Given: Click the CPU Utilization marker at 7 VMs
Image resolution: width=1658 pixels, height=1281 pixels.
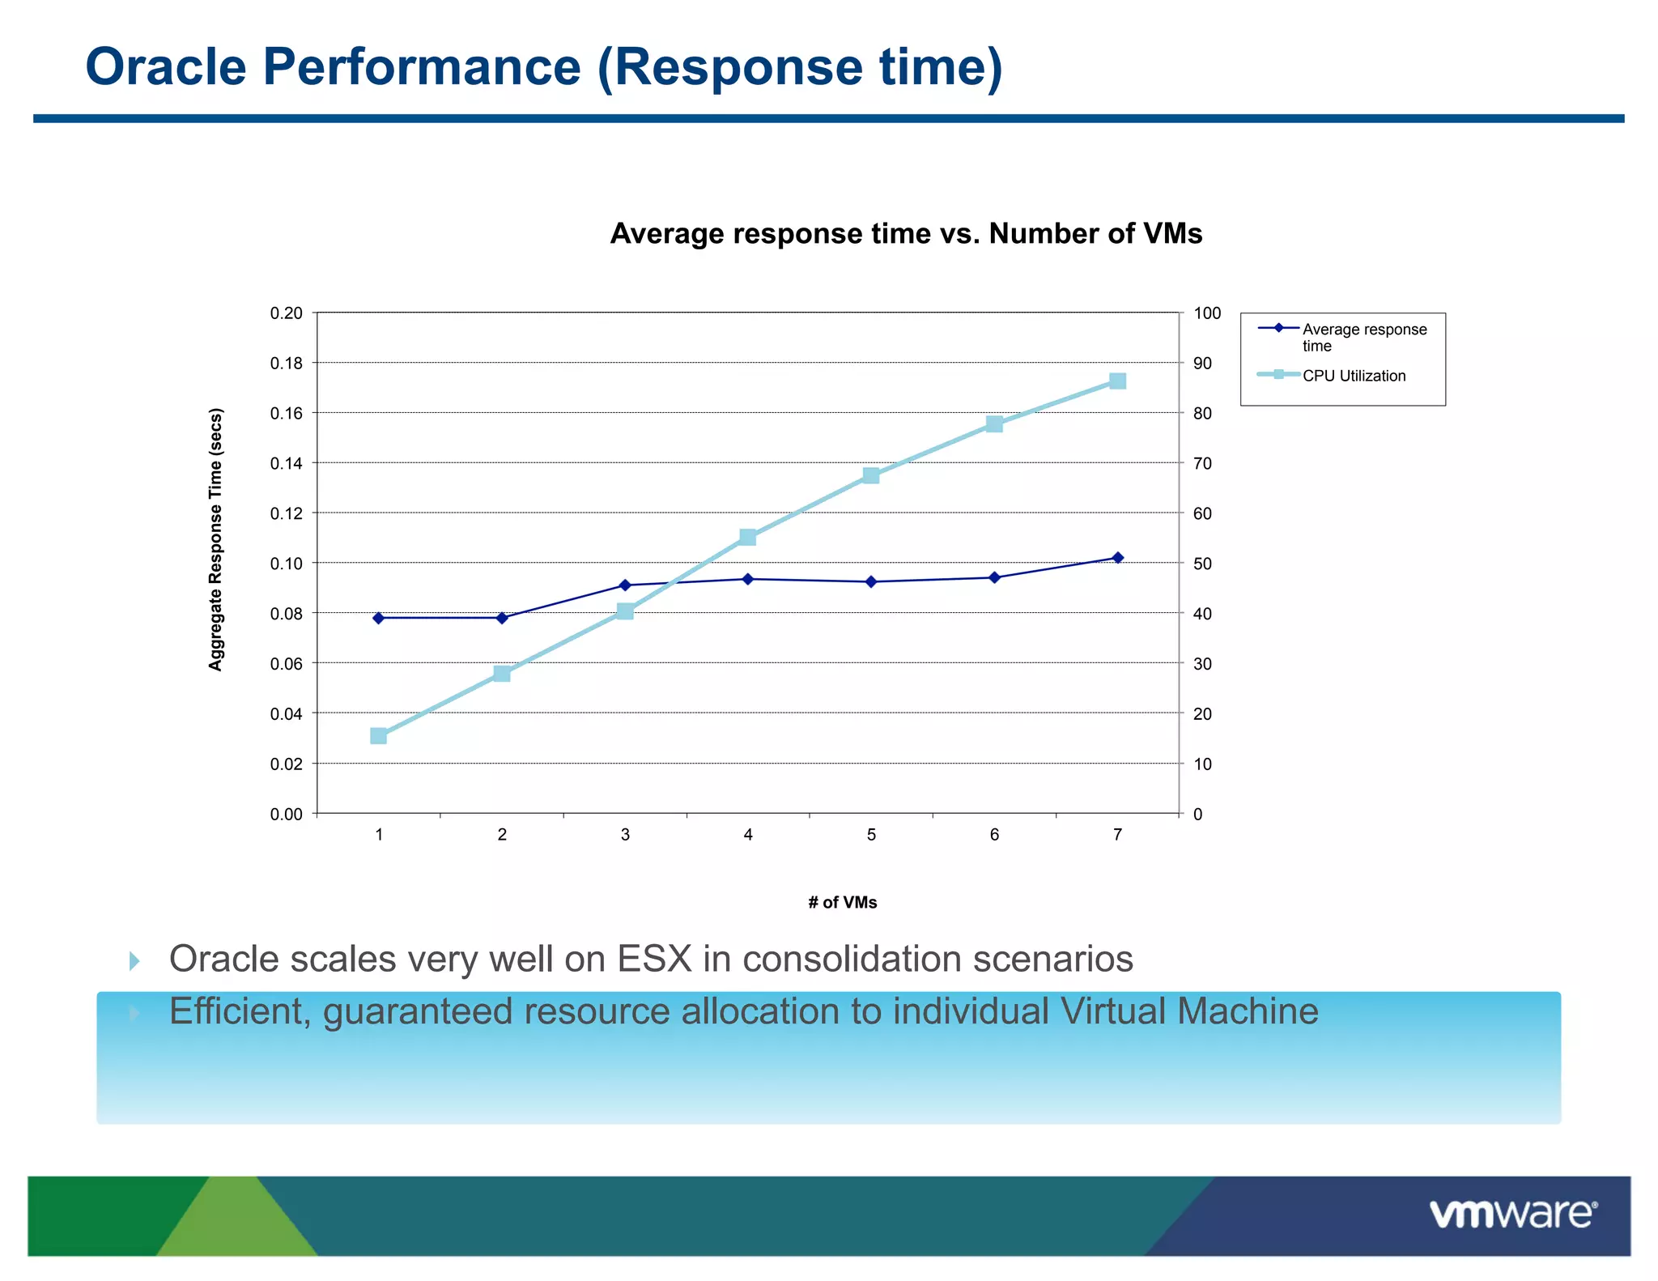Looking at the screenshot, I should tap(1117, 381).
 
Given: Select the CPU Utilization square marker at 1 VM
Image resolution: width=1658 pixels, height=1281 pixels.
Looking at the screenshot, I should tap(378, 735).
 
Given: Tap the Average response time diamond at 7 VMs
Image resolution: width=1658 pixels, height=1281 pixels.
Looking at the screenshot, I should tap(1117, 558).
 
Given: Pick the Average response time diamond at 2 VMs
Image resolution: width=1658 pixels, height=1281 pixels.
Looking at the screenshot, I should tap(502, 618).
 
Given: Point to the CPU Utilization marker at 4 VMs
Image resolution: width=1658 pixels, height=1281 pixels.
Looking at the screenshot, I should tap(748, 538).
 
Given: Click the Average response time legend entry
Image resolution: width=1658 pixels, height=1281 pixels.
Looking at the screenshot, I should tap(1363, 337).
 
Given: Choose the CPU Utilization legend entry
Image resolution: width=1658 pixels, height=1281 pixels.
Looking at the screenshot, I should tap(1354, 376).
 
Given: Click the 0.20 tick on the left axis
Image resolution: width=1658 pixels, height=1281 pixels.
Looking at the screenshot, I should tap(286, 313).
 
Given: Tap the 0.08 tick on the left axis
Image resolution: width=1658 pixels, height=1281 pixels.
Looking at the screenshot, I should tap(286, 614).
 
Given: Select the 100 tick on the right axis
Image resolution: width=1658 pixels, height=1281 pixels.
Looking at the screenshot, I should tap(1207, 313).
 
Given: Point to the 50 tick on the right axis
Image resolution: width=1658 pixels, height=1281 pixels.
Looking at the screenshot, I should tap(1203, 564).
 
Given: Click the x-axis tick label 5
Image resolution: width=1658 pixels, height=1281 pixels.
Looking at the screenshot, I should tap(871, 835).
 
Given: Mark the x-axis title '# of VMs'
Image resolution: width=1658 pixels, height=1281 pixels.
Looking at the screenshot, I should tap(842, 902).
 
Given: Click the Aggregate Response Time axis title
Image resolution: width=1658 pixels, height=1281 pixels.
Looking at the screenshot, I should tap(215, 539).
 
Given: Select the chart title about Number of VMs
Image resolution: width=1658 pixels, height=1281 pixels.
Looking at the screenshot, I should tap(906, 233).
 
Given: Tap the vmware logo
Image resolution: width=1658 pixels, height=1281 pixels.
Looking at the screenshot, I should tap(1512, 1214).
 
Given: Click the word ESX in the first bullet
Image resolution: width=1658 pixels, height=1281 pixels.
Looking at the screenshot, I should tap(654, 959).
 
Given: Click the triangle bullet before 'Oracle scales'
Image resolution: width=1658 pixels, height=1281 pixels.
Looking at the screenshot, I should tap(134, 961).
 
